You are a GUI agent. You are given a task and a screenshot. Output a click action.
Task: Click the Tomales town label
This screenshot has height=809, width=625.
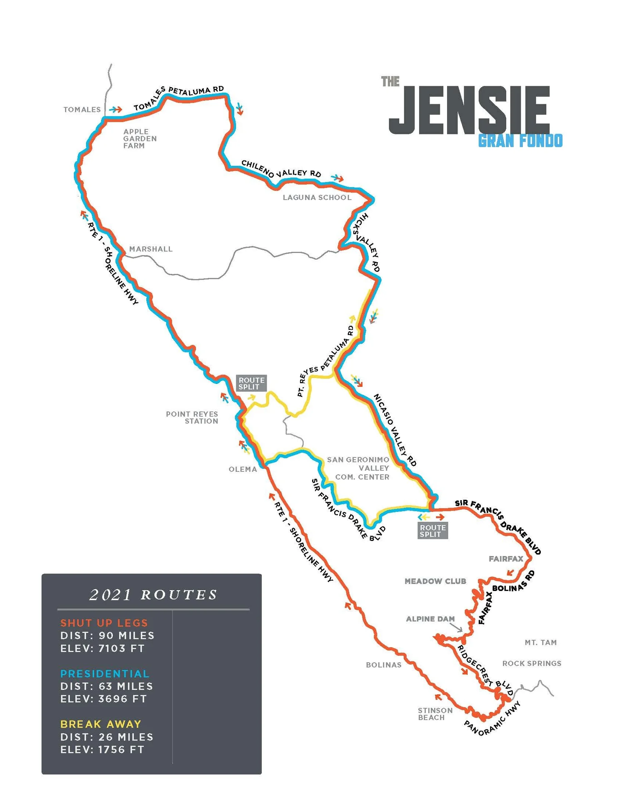click(x=82, y=110)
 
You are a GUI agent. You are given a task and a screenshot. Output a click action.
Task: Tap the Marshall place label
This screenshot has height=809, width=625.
click(x=150, y=249)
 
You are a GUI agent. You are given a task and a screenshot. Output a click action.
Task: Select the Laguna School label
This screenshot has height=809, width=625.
click(x=317, y=198)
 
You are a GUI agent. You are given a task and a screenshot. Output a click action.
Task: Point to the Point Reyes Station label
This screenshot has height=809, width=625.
click(x=192, y=417)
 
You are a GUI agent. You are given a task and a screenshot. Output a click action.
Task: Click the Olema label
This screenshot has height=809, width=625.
click(x=242, y=469)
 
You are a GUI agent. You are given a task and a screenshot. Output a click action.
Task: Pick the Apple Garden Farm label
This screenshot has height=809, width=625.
click(x=140, y=138)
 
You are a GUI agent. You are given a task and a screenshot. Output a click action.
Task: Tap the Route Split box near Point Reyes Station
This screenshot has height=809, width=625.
click(x=251, y=383)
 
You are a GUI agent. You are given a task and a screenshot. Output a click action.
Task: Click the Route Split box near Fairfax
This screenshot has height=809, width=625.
click(x=432, y=531)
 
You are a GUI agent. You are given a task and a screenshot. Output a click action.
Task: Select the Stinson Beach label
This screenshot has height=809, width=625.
click(x=435, y=714)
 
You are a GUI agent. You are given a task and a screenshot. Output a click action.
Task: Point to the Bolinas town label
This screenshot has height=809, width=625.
click(x=383, y=665)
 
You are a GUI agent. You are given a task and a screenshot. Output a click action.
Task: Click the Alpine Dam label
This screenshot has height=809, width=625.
click(x=430, y=619)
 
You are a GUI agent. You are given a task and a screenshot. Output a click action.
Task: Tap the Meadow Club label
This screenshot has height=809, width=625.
click(x=435, y=581)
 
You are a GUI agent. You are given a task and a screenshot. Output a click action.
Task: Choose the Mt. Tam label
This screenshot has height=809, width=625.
click(x=540, y=642)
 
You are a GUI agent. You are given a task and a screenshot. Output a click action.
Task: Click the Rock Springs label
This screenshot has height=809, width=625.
click(x=532, y=663)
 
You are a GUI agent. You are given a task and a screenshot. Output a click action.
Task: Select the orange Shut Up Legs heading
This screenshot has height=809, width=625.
click(x=104, y=623)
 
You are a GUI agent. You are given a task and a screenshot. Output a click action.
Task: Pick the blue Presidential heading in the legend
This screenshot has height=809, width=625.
click(x=105, y=674)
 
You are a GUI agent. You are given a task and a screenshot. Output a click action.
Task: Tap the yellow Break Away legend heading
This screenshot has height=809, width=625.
click(x=101, y=724)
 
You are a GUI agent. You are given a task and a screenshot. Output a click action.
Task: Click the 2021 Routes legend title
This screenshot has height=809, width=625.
click(x=153, y=594)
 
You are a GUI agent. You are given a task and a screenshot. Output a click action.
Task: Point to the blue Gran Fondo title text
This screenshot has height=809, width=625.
click(x=520, y=141)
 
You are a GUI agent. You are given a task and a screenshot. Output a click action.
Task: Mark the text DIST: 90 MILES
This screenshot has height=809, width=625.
click(x=107, y=636)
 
